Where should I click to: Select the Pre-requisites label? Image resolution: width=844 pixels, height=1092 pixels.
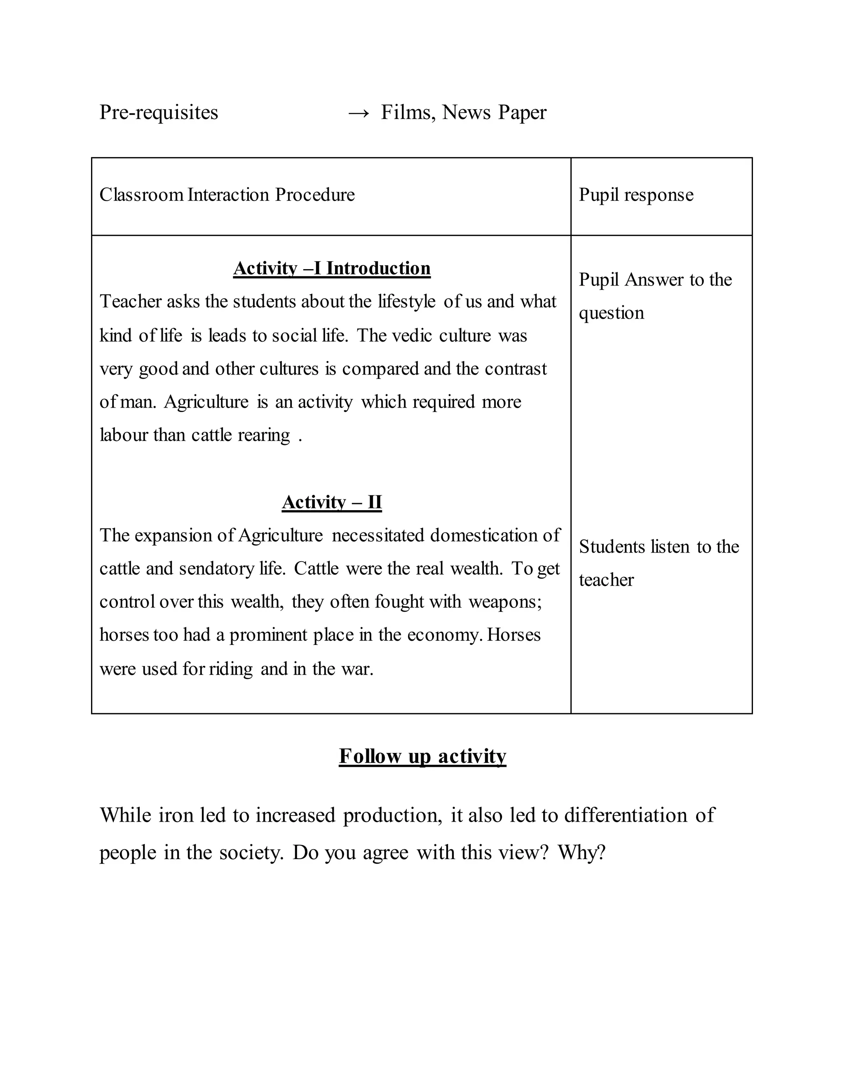[x=159, y=113]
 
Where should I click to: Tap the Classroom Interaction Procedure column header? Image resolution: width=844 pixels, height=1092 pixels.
[x=227, y=195]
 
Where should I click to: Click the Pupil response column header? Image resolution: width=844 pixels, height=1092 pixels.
[x=636, y=195]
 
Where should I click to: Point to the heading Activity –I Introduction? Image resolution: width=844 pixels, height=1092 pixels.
[x=331, y=269]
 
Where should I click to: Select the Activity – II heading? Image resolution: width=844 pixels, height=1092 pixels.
[x=331, y=502]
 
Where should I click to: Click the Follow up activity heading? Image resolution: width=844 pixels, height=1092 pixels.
[x=422, y=756]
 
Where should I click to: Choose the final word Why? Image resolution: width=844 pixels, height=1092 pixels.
[x=581, y=853]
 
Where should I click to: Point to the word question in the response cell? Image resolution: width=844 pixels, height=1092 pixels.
[x=612, y=314]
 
